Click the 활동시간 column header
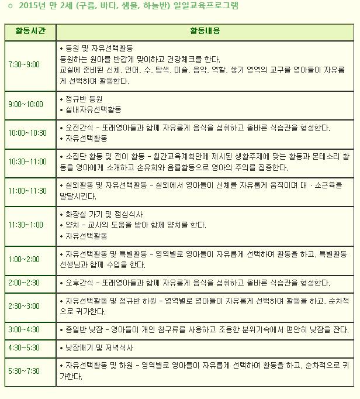pyautogui.click(x=30, y=31)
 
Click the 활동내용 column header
pyautogui.click(x=205, y=31)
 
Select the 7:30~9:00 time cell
pyautogui.click(x=24, y=64)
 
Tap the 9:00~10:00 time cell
pyautogui.click(x=26, y=105)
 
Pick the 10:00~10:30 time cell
pyautogui.click(x=27, y=133)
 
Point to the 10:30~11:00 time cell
pyautogui.click(x=27, y=162)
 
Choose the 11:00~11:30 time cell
pyautogui.click(x=27, y=191)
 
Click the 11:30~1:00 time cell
pyautogui.click(x=26, y=225)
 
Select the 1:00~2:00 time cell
pyautogui.click(x=24, y=259)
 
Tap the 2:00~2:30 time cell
pyautogui.click(x=24, y=283)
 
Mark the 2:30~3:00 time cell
pyautogui.click(x=24, y=306)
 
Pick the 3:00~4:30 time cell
pyautogui.click(x=24, y=330)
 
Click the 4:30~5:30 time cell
pyautogui.click(x=24, y=348)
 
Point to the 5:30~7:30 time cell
pyautogui.click(x=24, y=371)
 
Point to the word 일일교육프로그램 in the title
pyautogui.click(x=199, y=6)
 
